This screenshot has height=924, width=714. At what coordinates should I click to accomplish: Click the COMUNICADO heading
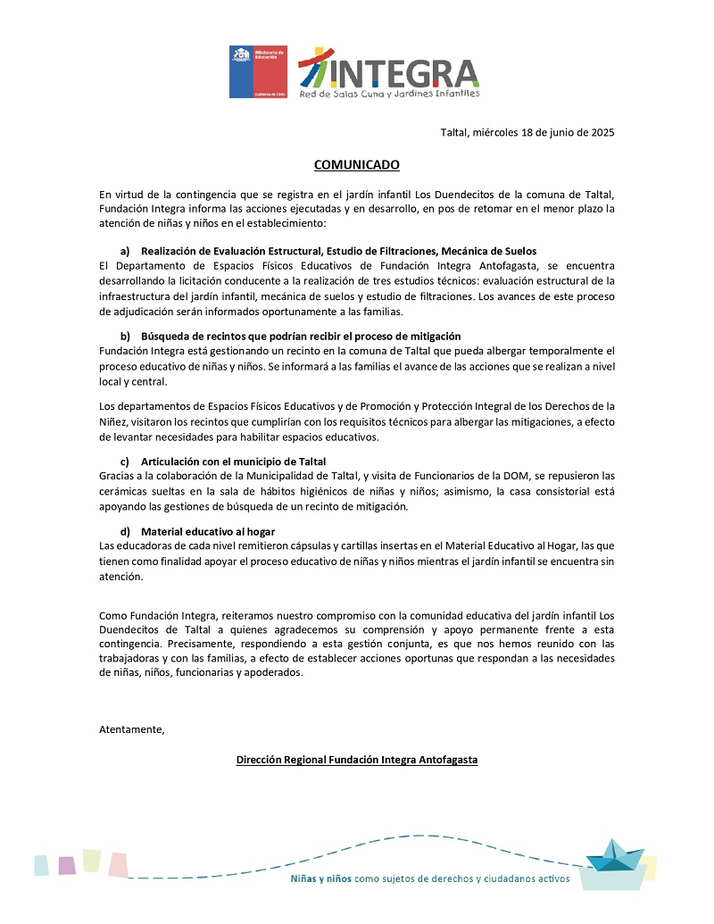[x=356, y=165]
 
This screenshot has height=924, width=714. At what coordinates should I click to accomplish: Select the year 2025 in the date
[x=601, y=133]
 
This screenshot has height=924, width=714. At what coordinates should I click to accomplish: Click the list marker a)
[x=125, y=251]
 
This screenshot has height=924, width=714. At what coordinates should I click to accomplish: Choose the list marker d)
[x=125, y=531]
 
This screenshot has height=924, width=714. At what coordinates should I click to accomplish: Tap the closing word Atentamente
[x=132, y=730]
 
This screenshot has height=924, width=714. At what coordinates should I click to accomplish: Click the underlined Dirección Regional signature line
[x=356, y=760]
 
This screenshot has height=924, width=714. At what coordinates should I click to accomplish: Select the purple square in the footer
[x=67, y=864]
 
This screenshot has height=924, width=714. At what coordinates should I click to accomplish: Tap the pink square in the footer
[x=118, y=864]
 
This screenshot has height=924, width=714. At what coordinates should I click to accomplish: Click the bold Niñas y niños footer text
[x=321, y=878]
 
